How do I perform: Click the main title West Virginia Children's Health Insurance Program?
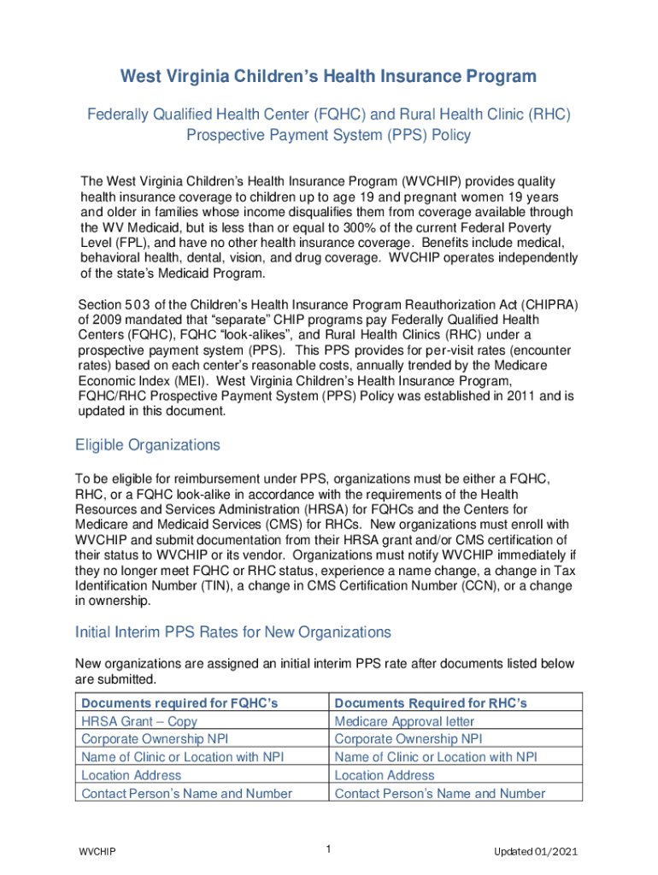coord(328,77)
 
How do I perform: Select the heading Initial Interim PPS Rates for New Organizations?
coord(233,632)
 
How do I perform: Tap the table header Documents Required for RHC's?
coord(431,702)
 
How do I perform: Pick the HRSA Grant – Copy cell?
coord(139,721)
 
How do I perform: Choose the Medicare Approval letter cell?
coord(404,721)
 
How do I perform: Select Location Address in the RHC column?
coord(385,775)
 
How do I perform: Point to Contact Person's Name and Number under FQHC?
coord(186,793)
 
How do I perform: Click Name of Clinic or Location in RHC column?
coord(437,757)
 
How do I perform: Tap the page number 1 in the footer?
coord(328,849)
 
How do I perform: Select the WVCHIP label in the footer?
coord(97,852)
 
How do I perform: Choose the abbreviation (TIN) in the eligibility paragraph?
coord(239,585)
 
